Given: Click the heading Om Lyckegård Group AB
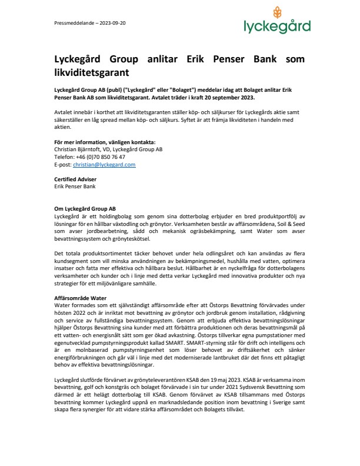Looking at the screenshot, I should [84, 208].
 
